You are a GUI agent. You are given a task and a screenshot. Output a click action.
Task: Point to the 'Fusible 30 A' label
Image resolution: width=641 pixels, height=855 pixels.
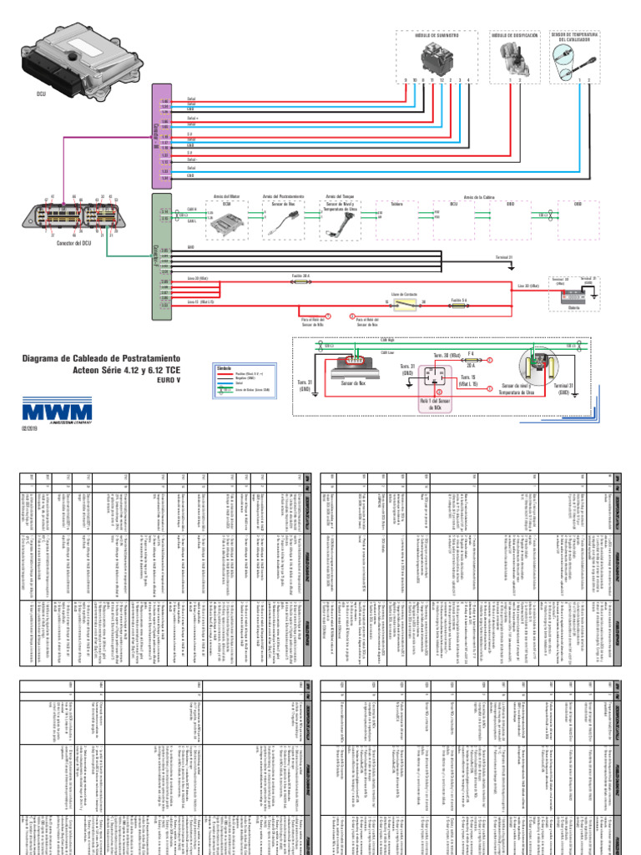point(300,276)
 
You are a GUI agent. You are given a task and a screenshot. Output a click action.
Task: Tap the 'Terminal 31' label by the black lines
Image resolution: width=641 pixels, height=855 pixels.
point(504,257)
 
